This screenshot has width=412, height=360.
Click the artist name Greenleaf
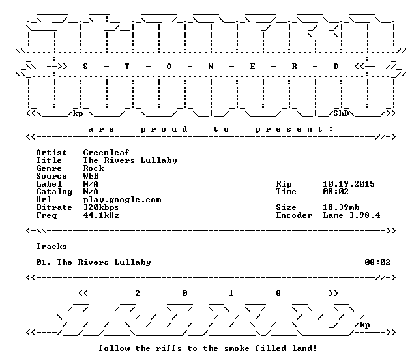[x=106, y=153]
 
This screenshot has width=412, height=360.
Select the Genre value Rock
[x=93, y=168]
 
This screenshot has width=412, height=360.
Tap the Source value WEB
[x=91, y=176]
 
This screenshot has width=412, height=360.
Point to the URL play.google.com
[x=122, y=200]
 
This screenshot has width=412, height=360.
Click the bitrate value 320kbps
[x=101, y=207]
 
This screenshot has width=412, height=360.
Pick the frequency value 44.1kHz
[x=101, y=215]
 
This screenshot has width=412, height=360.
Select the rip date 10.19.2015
[x=349, y=184]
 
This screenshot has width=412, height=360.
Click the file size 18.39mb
[x=341, y=207]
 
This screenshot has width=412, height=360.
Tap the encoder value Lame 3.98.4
[x=351, y=215]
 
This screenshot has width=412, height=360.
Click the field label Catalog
[x=54, y=192]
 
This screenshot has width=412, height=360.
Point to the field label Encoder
[x=294, y=215]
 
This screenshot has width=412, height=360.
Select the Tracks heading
[x=51, y=247]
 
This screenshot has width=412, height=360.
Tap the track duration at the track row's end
[x=377, y=262]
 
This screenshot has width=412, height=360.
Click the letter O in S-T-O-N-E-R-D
[x=169, y=67]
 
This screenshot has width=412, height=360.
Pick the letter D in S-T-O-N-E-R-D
[x=336, y=67]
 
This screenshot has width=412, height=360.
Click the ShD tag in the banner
[x=341, y=113]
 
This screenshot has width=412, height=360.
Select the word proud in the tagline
[x=164, y=129]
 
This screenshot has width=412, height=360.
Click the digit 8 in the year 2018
[x=278, y=293]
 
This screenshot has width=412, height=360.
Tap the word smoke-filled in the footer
[x=255, y=348]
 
